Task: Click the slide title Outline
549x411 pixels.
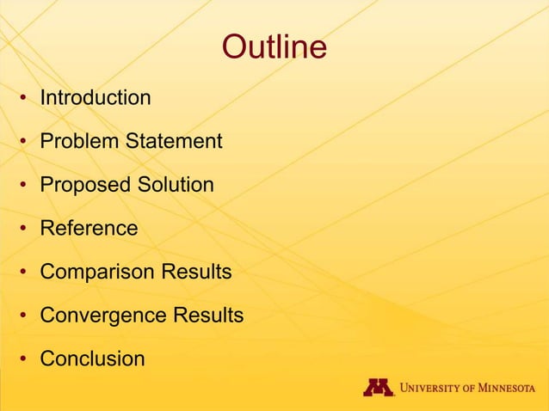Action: (x=274, y=47)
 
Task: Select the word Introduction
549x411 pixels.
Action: (x=96, y=98)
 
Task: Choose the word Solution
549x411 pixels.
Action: (x=175, y=185)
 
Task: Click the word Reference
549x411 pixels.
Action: (x=89, y=229)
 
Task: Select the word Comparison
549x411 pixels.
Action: (x=95, y=273)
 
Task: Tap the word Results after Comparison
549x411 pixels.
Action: (x=194, y=273)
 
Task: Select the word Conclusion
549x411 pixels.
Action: (x=92, y=359)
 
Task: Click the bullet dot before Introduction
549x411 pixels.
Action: (x=26, y=99)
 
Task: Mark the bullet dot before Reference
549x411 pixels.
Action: (x=26, y=230)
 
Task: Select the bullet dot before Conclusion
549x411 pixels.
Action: (x=26, y=360)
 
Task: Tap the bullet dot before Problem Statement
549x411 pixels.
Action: (x=26, y=142)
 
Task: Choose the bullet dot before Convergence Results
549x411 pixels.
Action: (x=26, y=316)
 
